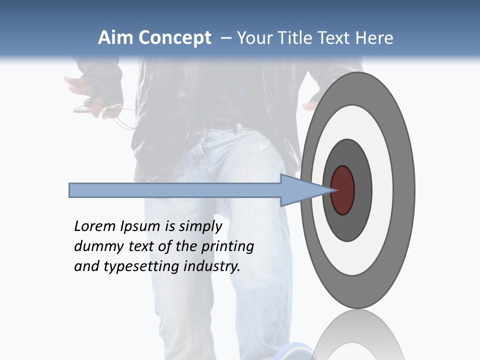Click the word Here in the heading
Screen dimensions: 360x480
click(x=374, y=38)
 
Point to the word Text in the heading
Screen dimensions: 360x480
click(x=336, y=38)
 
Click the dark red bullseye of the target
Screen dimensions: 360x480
click(x=342, y=190)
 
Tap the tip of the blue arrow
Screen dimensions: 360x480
click(x=332, y=190)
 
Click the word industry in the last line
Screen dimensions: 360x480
click(x=212, y=266)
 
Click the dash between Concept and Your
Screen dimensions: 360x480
click(x=225, y=38)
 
